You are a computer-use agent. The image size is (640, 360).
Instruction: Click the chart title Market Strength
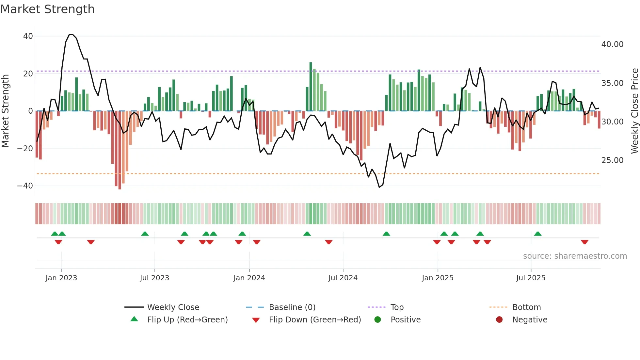47,9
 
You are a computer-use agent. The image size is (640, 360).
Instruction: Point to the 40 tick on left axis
28,36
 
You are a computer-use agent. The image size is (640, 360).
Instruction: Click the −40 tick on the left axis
25,186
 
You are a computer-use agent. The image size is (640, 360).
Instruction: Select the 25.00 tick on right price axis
612,160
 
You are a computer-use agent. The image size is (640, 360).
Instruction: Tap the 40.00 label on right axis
612,44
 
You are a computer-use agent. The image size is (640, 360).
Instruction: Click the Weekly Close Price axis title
634,111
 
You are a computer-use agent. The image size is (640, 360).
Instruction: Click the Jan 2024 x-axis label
249,278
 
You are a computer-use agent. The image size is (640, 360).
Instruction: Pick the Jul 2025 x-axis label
531,278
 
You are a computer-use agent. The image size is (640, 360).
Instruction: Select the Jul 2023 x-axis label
154,278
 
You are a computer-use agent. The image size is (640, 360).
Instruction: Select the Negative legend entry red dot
499,319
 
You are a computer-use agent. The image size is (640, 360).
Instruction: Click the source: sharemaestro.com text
575,256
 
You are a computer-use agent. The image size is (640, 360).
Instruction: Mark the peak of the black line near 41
71,35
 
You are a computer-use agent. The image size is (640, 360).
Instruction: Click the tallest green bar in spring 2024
311,86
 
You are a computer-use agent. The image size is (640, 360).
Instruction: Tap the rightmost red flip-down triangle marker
584,242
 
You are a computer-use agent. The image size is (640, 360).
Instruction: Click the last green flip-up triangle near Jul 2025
538,234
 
